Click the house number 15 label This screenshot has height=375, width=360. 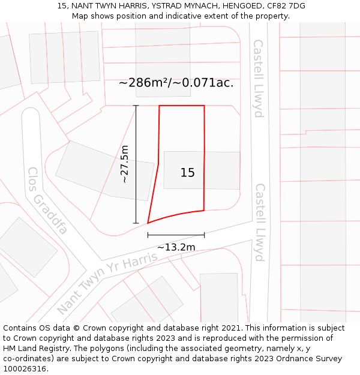(187, 173)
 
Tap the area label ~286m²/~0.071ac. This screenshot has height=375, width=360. (176, 83)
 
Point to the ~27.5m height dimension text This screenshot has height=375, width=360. (124, 164)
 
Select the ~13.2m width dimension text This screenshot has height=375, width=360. (176, 247)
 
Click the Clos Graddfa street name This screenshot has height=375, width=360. (47, 200)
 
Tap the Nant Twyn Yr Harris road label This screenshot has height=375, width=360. (107, 283)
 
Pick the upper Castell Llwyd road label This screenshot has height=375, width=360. (259, 78)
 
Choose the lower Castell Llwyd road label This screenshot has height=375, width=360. (260, 222)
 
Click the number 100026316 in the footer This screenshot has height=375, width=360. (25, 368)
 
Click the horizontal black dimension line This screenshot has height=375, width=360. (176, 235)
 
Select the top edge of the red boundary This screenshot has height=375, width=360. (182, 106)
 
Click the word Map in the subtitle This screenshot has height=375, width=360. (80, 16)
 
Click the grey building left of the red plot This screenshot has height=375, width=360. (104, 170)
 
